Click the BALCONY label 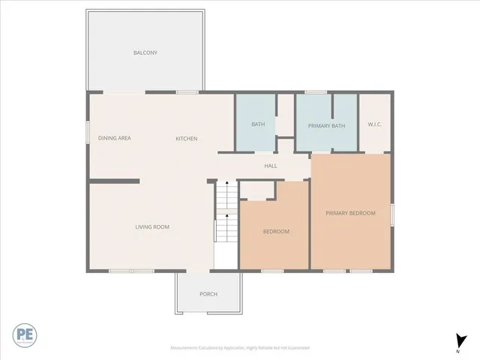coord(145,52)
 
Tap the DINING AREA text coord(115,138)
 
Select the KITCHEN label coord(187,139)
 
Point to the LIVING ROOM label coord(152,226)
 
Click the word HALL coord(271,166)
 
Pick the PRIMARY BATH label coord(326,125)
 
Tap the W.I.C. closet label coord(375,124)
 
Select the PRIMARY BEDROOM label coord(350,213)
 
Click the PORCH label coord(208,294)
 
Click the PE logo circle coord(24,334)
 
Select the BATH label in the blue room coord(258,124)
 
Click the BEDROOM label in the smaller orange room coord(276,232)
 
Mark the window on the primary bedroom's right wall coord(392,214)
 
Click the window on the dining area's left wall coord(87,131)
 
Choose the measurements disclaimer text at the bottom coord(240,348)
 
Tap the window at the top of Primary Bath coord(316,92)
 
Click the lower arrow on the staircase coord(226,216)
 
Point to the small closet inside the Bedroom coord(257,190)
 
